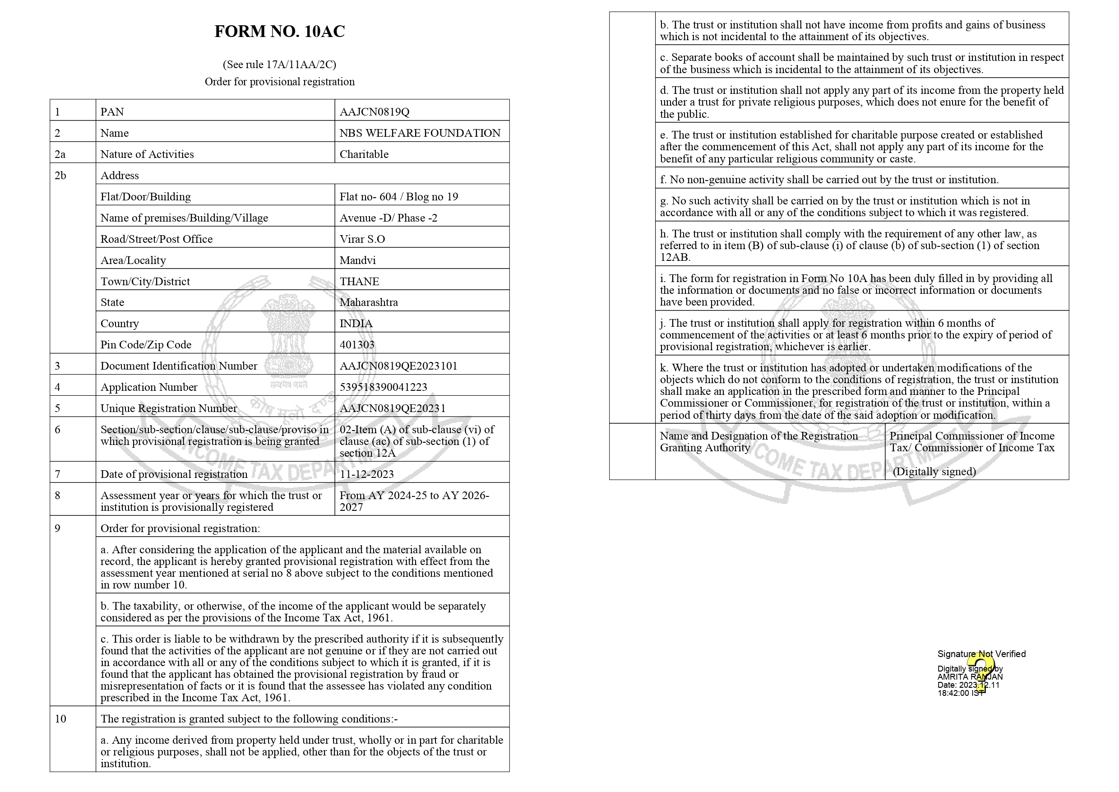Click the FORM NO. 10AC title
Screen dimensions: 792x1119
(279, 32)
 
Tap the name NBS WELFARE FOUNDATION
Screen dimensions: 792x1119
(419, 133)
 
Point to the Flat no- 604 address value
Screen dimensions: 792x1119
(398, 197)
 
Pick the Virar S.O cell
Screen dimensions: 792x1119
(362, 239)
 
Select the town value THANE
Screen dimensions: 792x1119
(359, 282)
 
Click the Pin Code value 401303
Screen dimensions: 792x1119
(356, 345)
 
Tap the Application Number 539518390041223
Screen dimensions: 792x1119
(383, 387)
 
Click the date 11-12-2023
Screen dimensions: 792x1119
(366, 474)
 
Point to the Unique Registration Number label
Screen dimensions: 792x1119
(168, 408)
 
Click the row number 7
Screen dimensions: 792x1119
(58, 474)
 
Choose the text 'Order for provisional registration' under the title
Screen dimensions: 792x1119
(279, 81)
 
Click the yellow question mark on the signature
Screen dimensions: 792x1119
(980, 671)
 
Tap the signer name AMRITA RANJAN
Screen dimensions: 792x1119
(969, 677)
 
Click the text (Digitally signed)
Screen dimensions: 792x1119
(934, 472)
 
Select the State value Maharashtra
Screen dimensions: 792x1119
(368, 302)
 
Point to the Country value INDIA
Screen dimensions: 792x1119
(356, 324)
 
